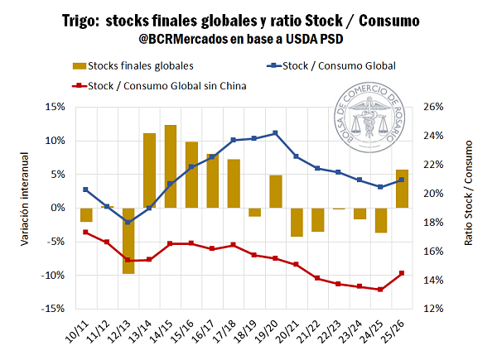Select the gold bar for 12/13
128,240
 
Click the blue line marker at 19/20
275,133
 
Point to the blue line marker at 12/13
128,222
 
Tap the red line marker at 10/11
85,232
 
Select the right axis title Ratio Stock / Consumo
470,207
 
